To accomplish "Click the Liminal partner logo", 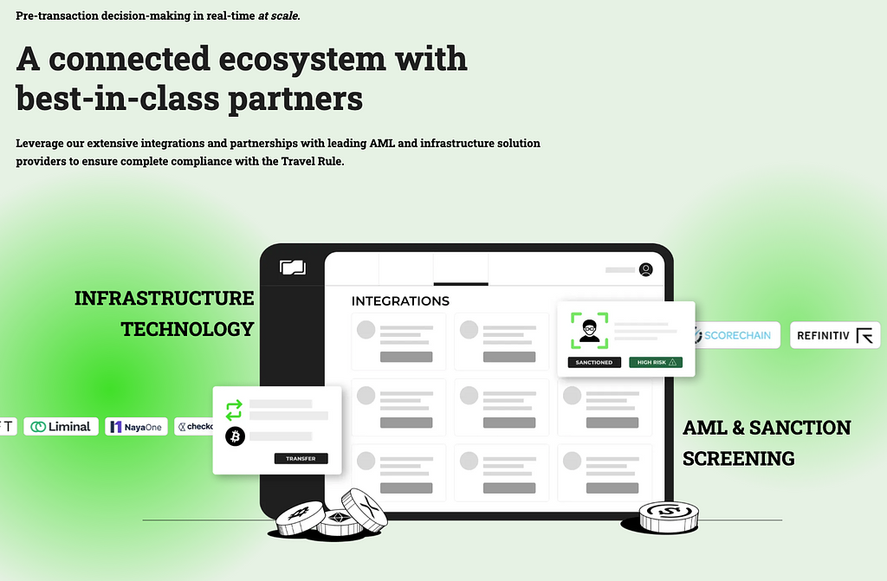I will pyautogui.click(x=61, y=426).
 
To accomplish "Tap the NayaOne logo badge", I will pyautogui.click(x=136, y=426).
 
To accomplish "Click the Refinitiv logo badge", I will pyautogui.click(x=834, y=335).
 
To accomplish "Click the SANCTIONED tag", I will pyautogui.click(x=594, y=362).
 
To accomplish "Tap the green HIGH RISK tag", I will pyautogui.click(x=656, y=362).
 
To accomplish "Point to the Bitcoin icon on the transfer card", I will pyautogui.click(x=235, y=436).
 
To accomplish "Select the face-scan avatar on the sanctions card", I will pyautogui.click(x=589, y=330).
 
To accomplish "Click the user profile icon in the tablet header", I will pyautogui.click(x=645, y=269).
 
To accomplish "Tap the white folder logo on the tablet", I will pyautogui.click(x=293, y=268).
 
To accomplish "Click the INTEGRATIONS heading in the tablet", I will pyautogui.click(x=400, y=301).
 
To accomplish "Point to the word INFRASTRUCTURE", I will pyautogui.click(x=164, y=299).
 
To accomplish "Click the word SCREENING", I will pyautogui.click(x=738, y=458).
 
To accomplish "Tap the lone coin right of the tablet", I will pyautogui.click(x=668, y=517).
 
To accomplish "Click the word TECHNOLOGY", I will pyautogui.click(x=187, y=329).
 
